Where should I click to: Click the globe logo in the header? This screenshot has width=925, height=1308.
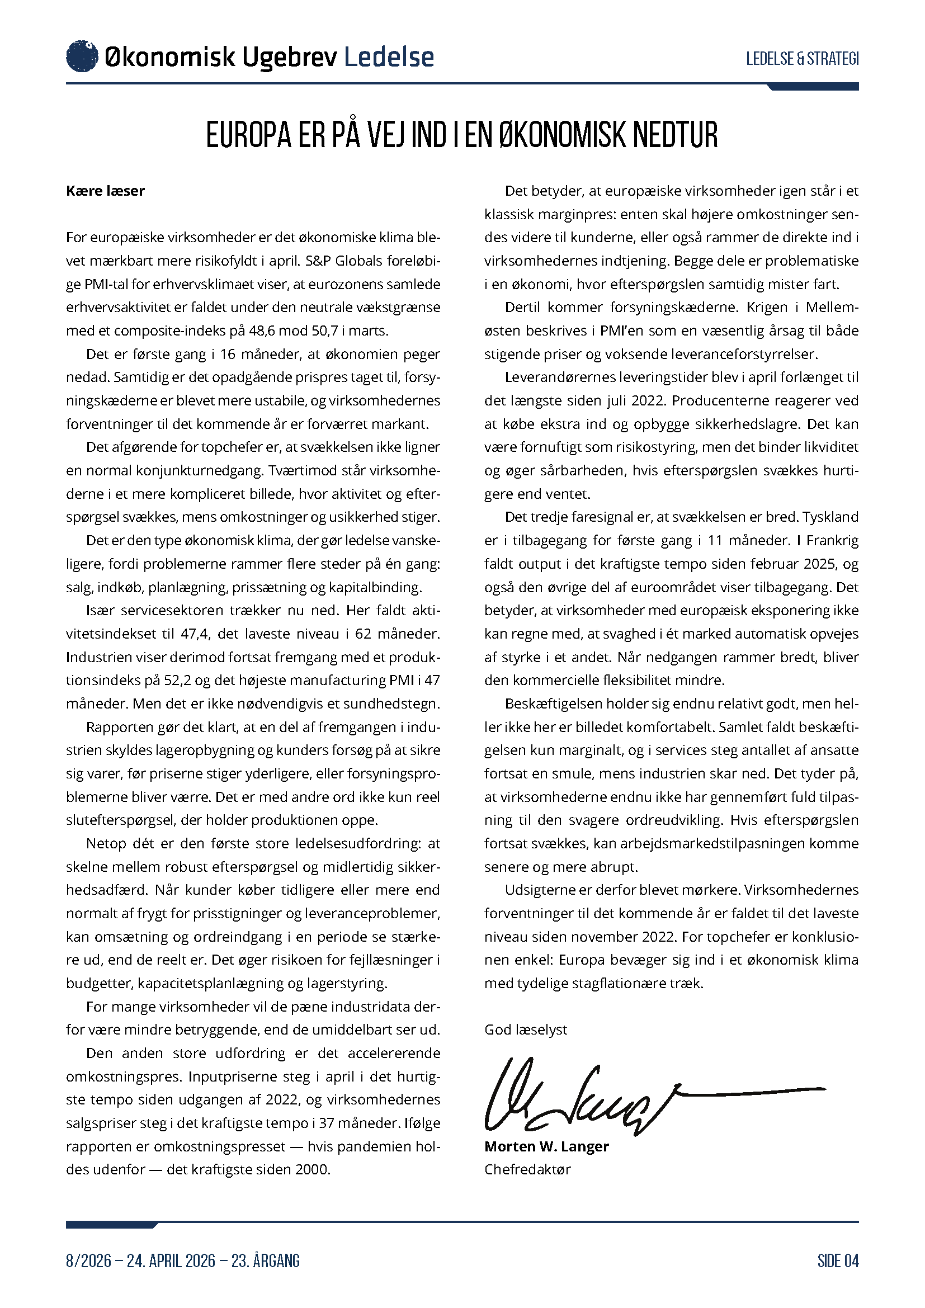click(82, 56)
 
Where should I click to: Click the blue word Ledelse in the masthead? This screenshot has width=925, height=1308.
click(389, 57)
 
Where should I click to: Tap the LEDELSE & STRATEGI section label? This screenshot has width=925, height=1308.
click(802, 58)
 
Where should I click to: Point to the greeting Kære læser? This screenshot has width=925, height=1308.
click(105, 191)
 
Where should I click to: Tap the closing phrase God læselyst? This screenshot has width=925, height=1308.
click(526, 1030)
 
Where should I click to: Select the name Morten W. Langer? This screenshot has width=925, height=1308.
click(546, 1146)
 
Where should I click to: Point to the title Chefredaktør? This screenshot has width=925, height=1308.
click(527, 1169)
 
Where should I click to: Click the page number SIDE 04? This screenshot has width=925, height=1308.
click(838, 1260)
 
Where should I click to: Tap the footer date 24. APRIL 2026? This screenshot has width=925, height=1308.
click(171, 1260)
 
